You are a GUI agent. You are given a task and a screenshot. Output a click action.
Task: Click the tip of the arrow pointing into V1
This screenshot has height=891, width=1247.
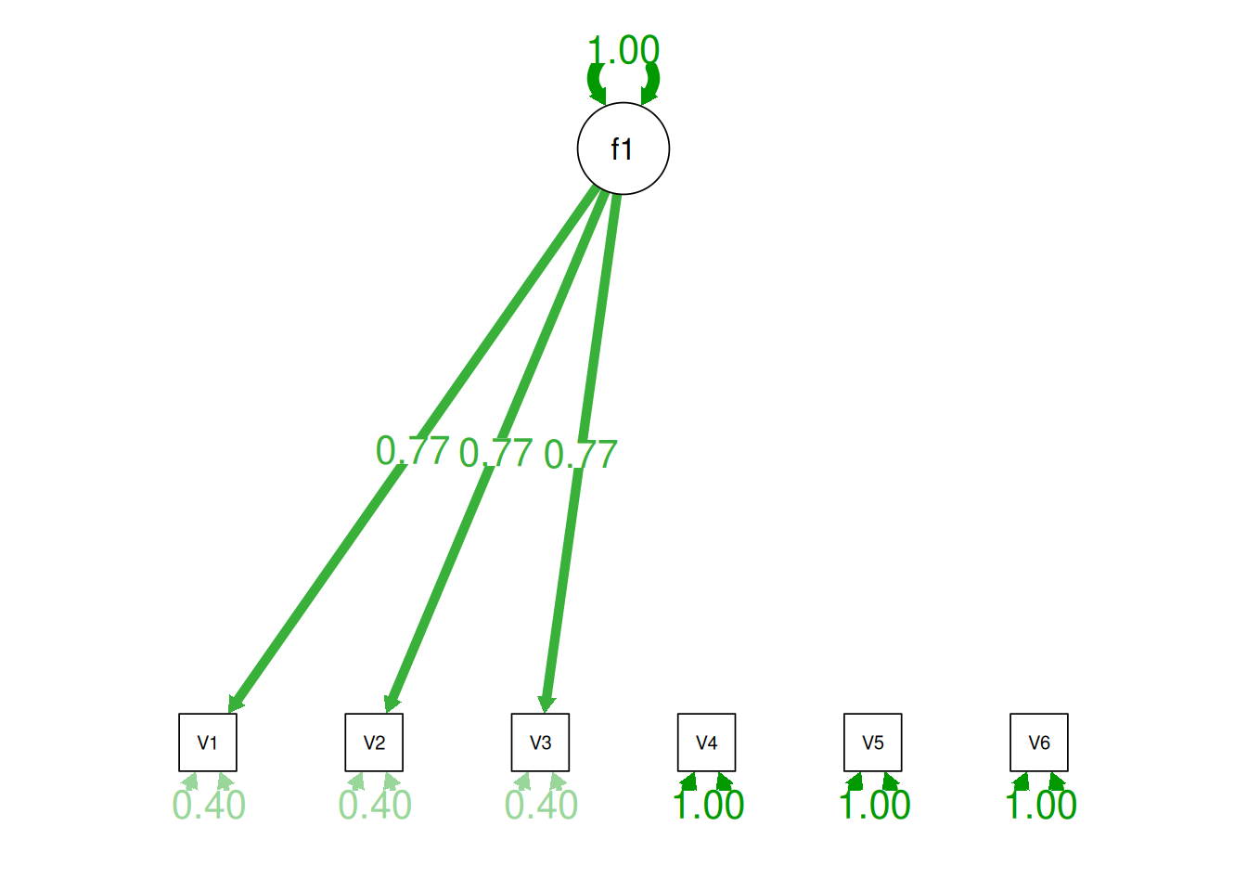(x=229, y=714)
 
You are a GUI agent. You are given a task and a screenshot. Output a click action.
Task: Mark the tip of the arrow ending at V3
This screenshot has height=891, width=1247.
(x=545, y=714)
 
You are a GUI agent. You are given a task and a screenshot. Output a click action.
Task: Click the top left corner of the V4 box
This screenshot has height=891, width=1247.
(x=678, y=714)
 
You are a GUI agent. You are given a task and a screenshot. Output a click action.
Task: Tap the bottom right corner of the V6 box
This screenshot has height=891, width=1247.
(x=1068, y=771)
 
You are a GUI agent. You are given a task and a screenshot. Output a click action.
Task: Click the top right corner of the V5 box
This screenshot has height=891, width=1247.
(x=902, y=714)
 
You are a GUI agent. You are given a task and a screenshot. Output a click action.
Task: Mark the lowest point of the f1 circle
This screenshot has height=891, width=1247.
(x=623, y=194)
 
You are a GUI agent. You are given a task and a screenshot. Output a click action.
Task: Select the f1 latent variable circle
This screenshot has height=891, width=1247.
(x=623, y=148)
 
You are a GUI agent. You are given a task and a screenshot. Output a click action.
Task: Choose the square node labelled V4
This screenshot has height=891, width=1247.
(x=706, y=742)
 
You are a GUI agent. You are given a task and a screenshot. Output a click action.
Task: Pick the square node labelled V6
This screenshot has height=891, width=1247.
(x=1039, y=742)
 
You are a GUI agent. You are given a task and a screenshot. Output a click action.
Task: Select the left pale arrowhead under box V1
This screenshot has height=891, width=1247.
(x=190, y=781)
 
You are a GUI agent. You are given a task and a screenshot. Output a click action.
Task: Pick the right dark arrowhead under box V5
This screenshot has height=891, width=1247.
(x=890, y=781)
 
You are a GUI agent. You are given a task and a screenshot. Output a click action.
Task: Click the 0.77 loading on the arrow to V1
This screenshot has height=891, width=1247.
(x=412, y=450)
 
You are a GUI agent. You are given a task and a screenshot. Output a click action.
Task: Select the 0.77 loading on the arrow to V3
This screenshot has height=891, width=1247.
(x=581, y=455)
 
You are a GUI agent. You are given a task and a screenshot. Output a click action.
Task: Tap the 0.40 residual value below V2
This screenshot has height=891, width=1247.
(x=375, y=805)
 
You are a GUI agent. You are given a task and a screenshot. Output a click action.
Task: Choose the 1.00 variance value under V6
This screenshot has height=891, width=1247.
(x=1040, y=805)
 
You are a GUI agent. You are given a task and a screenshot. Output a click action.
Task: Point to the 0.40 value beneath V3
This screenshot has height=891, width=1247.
(x=541, y=805)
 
